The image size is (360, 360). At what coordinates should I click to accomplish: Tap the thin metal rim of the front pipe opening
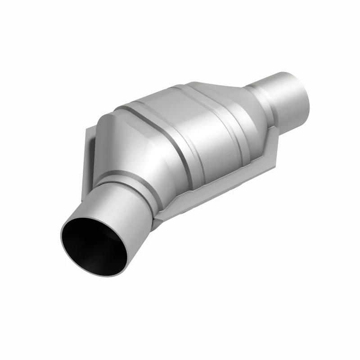pyautogui.click(x=63, y=225)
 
